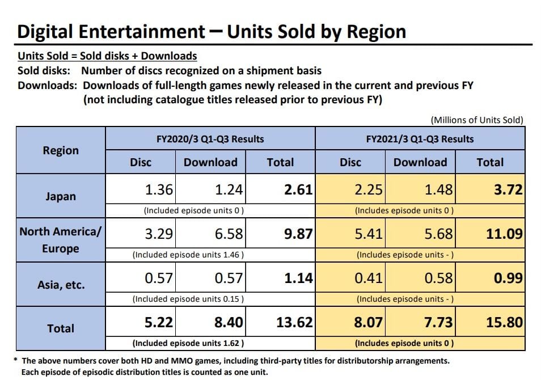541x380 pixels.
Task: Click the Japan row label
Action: [x=61, y=197]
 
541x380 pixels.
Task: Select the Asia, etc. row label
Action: [x=61, y=284]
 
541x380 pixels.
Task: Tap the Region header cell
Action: [x=61, y=150]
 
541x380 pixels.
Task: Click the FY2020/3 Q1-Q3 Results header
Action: [x=210, y=138]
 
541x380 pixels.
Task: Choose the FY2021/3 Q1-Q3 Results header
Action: [x=420, y=138]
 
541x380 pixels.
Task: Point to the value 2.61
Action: [x=298, y=189]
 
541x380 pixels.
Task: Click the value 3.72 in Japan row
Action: [x=508, y=189]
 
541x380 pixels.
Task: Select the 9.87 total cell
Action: [x=298, y=233]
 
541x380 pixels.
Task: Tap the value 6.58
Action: [x=229, y=233]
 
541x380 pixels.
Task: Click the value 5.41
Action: [x=369, y=233]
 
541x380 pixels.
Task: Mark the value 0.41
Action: [x=369, y=278]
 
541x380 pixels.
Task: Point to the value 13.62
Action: [x=294, y=322]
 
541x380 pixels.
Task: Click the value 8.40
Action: [x=229, y=322]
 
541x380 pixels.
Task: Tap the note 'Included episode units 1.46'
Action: [x=188, y=255]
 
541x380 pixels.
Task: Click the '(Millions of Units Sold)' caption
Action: [x=477, y=120]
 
